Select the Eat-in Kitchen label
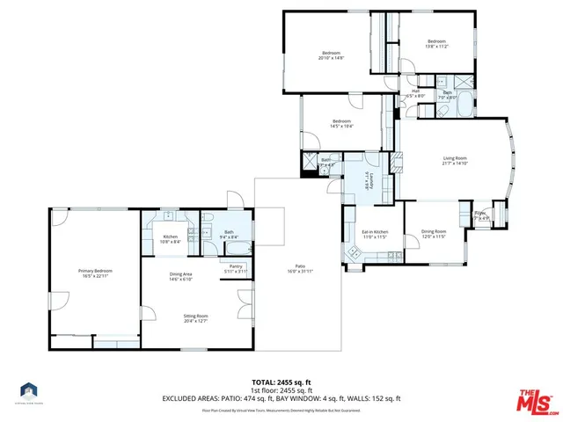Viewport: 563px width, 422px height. pyautogui.click(x=375, y=235)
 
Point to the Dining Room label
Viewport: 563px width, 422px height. pyautogui.click(x=434, y=235)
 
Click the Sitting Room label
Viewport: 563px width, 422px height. pyautogui.click(x=194, y=317)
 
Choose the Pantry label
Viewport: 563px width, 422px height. pyautogui.click(x=235, y=268)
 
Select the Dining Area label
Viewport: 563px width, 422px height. pyautogui.click(x=181, y=276)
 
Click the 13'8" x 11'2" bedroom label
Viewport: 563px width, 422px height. pyautogui.click(x=437, y=44)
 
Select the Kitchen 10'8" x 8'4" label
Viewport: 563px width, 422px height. pyautogui.click(x=171, y=238)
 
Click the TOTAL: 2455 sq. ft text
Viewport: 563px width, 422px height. pyautogui.click(x=281, y=382)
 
